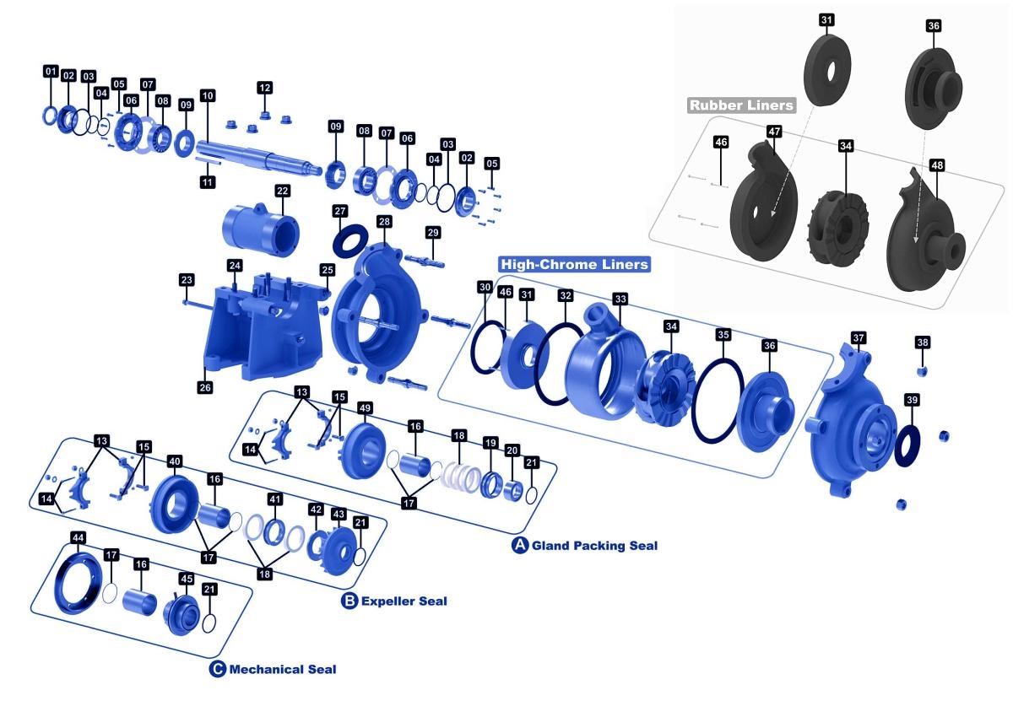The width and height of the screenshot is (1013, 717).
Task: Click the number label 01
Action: click(x=51, y=72)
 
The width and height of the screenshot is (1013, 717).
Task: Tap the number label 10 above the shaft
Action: click(x=208, y=96)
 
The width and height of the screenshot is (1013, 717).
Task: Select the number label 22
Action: click(x=282, y=191)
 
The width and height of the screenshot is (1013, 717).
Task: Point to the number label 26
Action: click(x=205, y=387)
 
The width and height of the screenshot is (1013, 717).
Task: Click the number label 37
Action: click(x=859, y=338)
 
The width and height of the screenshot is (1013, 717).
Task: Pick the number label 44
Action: click(x=77, y=537)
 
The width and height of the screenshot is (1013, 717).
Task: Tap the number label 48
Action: click(x=937, y=165)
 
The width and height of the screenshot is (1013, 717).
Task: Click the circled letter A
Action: click(x=521, y=545)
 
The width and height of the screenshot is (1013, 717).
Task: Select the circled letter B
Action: click(x=349, y=601)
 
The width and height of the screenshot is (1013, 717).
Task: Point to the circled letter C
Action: click(x=218, y=669)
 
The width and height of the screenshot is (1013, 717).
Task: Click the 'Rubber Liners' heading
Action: click(x=741, y=105)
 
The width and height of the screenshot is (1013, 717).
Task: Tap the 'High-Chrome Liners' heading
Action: click(x=575, y=264)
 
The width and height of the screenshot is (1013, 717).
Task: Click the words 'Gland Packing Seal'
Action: click(x=594, y=546)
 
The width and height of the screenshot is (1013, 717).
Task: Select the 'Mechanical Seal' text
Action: click(x=283, y=670)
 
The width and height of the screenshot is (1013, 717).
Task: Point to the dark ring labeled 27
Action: click(x=349, y=242)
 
